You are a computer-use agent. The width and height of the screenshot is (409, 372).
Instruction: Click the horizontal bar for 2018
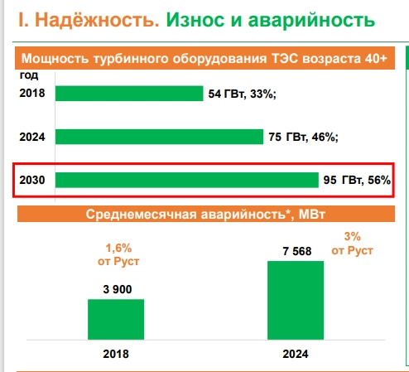coord(128,94)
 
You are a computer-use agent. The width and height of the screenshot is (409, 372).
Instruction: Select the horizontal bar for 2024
coord(158,137)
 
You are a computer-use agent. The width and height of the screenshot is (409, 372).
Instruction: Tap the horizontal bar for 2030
coord(186,180)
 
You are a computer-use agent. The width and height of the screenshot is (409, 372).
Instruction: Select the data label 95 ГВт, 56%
coord(357,180)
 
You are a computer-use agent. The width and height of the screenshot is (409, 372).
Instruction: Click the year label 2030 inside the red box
coord(31,180)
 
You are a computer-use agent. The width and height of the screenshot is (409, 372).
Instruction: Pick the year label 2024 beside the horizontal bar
coord(31,137)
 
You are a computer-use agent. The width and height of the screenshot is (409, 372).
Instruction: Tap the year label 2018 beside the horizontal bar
coord(31,94)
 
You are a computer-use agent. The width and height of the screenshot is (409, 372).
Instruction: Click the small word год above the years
coord(28,75)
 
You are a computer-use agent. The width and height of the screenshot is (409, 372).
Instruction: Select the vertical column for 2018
coord(116,317)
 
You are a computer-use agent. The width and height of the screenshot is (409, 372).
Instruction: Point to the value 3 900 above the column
coord(116,289)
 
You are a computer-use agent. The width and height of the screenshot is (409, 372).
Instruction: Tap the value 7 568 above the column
coord(295,251)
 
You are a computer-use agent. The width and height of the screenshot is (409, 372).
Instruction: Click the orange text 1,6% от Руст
coord(118,254)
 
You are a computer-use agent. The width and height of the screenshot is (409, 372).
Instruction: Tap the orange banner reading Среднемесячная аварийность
coord(206,215)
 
